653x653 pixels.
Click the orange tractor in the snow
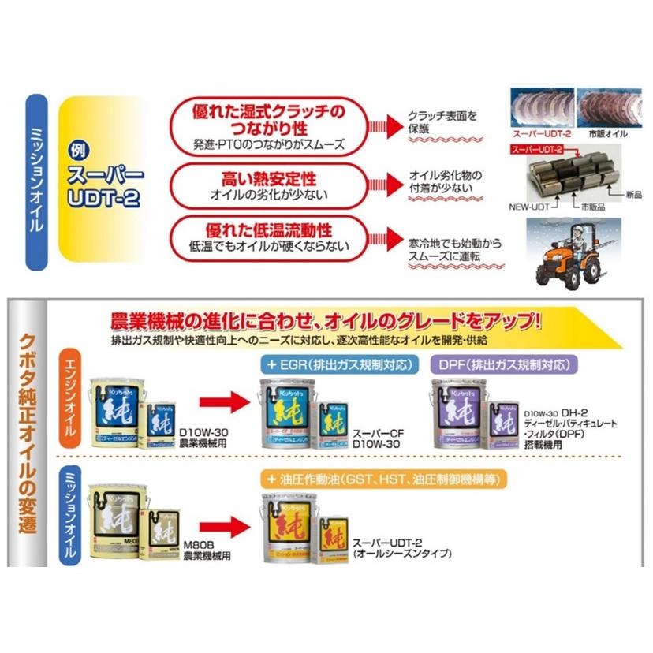569,255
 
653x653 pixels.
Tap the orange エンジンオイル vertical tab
74,401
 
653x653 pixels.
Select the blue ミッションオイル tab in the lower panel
74,513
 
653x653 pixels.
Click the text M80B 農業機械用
207,550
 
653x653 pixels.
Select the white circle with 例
76,149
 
